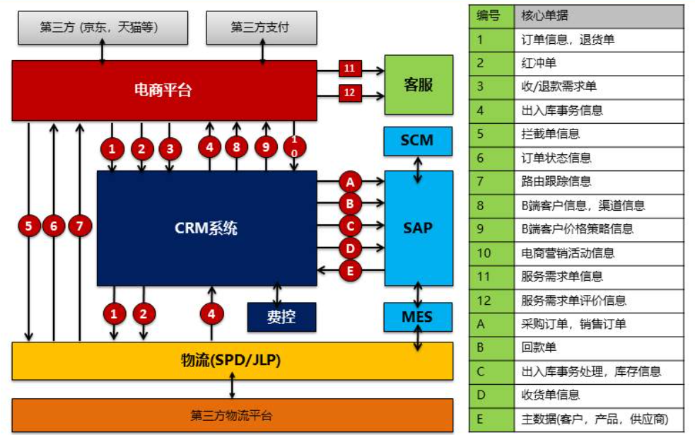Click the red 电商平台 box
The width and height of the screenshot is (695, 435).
click(164, 90)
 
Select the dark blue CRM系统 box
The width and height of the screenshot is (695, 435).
click(206, 228)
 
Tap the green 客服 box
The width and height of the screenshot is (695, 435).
click(418, 85)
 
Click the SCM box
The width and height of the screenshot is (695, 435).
click(417, 140)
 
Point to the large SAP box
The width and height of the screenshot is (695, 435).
click(418, 228)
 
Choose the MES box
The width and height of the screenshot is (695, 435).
click(417, 316)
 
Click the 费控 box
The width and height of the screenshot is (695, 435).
click(281, 317)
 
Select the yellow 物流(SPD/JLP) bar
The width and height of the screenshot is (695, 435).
click(232, 361)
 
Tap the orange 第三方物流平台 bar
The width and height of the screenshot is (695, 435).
click(232, 415)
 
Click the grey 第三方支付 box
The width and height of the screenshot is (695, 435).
click(261, 28)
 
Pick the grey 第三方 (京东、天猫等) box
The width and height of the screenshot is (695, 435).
click(103, 28)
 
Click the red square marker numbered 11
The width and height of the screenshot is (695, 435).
click(350, 69)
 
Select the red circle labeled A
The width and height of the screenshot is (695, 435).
click(350, 182)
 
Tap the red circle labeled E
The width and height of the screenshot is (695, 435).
click(350, 271)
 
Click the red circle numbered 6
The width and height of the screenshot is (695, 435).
click(54, 226)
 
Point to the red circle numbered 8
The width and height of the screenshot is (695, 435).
click(237, 148)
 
